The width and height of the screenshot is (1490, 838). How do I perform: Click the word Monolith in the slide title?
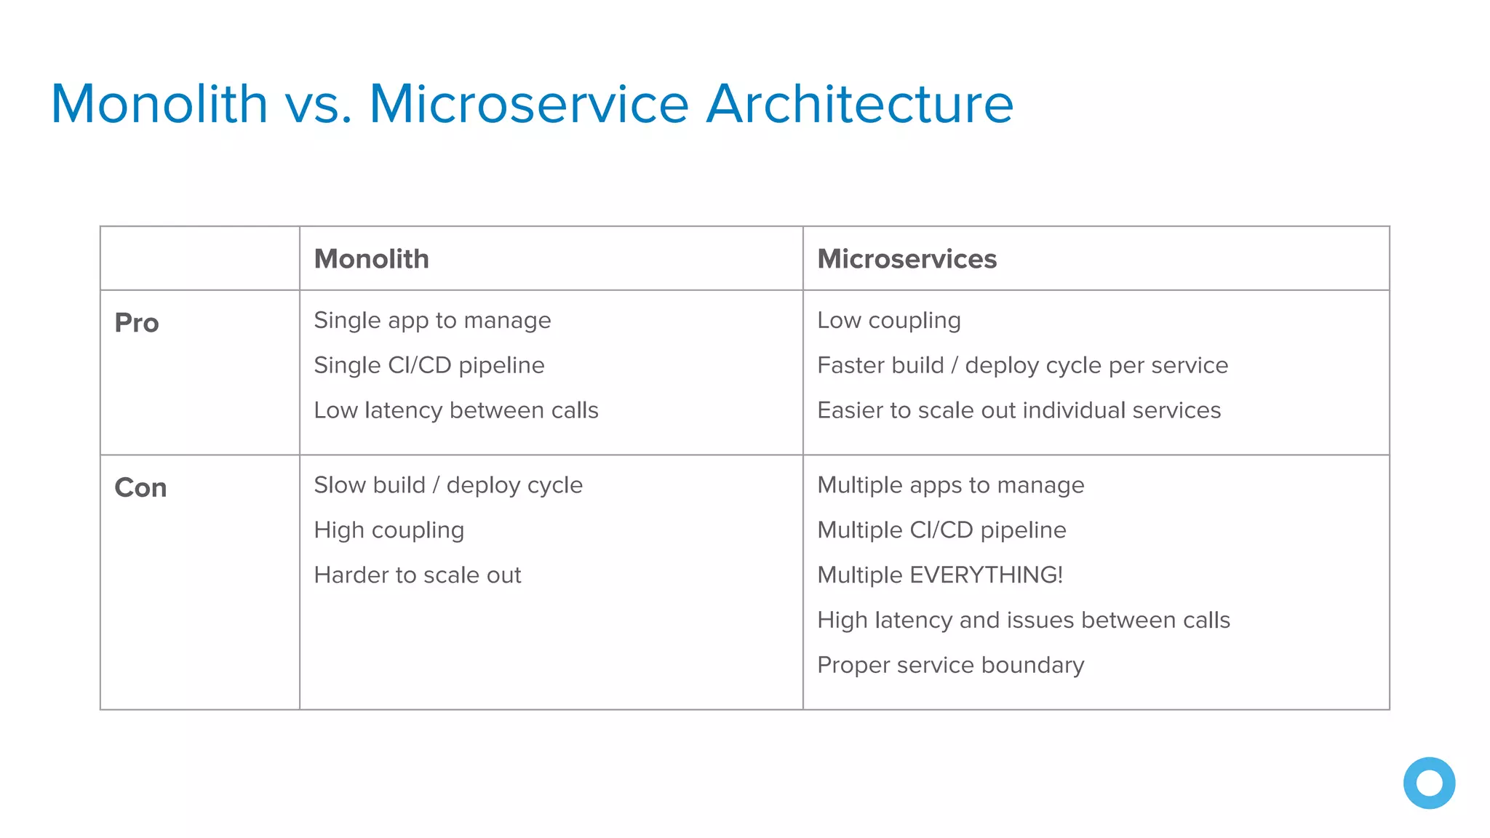(159, 104)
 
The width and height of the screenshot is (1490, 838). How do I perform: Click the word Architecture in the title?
(859, 104)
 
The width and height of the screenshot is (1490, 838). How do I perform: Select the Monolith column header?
(371, 259)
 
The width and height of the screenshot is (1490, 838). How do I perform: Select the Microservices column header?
(907, 259)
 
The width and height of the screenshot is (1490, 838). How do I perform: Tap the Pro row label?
(137, 323)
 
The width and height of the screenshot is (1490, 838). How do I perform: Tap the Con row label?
(140, 487)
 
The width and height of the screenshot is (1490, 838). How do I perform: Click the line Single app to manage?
(432, 321)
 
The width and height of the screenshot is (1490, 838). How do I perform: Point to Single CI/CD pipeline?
(429, 365)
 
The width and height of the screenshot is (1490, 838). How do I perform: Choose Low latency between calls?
(455, 410)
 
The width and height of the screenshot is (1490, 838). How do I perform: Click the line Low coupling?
(888, 321)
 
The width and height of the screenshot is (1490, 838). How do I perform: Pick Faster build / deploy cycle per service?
(1022, 365)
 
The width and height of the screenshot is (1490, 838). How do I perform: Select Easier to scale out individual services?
(1019, 410)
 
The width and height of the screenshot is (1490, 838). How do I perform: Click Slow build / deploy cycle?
(447, 485)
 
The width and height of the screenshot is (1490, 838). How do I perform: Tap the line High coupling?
(389, 530)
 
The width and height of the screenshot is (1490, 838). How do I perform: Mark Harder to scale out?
(417, 575)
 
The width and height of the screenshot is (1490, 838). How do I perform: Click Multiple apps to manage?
(950, 485)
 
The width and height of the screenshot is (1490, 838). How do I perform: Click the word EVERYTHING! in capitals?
(986, 575)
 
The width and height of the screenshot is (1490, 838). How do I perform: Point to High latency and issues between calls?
(1023, 620)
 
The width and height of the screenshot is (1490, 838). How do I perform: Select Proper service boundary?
(950, 666)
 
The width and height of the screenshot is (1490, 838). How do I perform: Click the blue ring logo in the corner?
(1429, 783)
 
